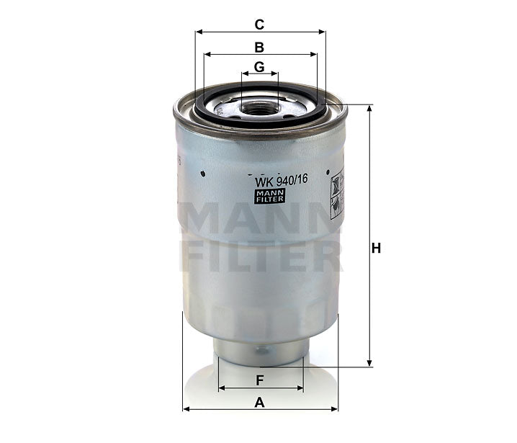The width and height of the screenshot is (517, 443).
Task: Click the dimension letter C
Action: click(259, 24)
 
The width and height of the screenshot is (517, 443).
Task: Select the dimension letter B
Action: click(259, 48)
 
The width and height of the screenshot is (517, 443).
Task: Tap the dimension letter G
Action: click(259, 67)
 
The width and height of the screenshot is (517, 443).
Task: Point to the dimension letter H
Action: click(375, 249)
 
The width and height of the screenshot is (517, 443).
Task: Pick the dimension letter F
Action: click(259, 380)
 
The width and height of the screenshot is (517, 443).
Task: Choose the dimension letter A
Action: click(259, 403)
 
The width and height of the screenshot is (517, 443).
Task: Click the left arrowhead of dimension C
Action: click(198, 32)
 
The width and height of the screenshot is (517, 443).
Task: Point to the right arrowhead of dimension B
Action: click(315, 54)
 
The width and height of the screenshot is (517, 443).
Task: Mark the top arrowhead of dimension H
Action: click(369, 108)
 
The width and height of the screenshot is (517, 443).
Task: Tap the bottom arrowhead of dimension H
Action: click(369, 363)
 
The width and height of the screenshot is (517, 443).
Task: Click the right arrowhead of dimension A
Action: click(335, 409)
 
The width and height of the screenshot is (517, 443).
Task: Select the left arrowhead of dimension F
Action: click(220, 388)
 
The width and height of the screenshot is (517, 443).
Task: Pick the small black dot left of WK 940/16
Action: click(204, 173)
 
